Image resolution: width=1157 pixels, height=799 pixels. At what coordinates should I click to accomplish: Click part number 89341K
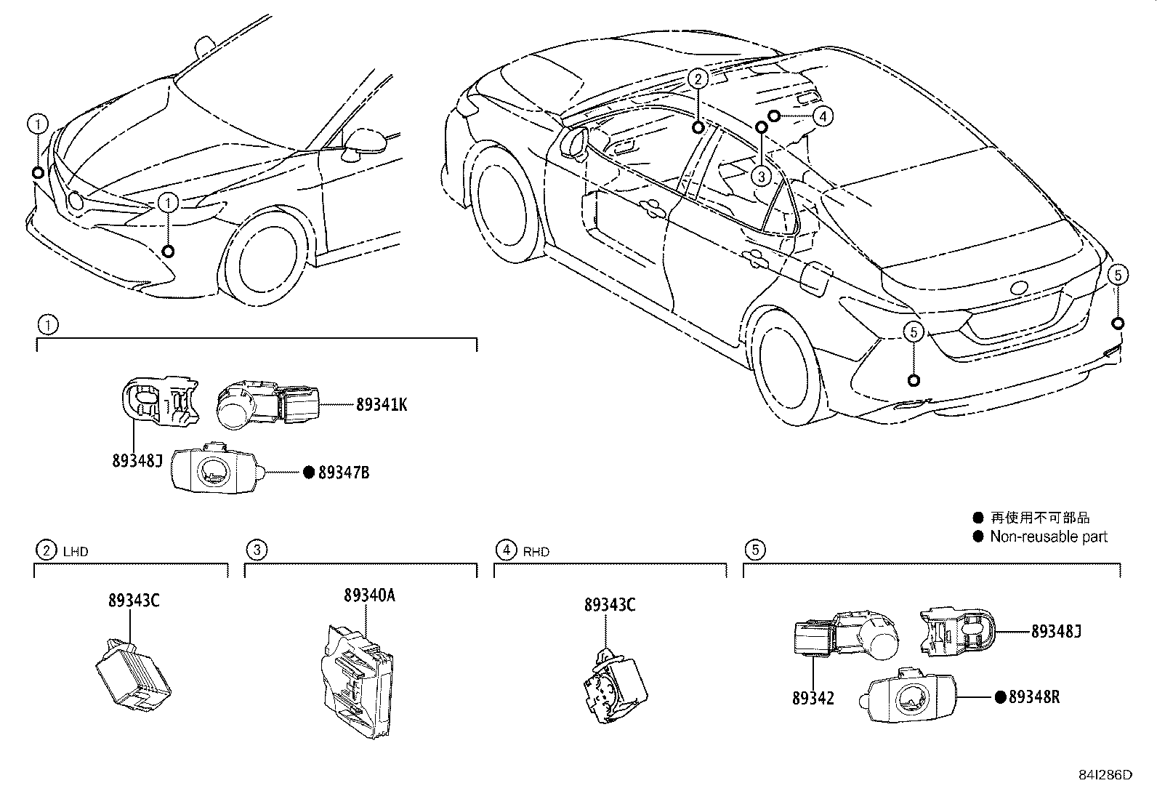[382, 405]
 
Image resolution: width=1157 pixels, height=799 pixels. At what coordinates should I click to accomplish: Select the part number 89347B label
[344, 473]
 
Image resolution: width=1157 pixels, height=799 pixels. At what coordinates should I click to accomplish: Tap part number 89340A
[369, 595]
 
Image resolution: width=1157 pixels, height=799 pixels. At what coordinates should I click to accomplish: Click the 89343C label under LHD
[134, 601]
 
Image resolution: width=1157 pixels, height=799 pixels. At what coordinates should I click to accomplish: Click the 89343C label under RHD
[609, 604]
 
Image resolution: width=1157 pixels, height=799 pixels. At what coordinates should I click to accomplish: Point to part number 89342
[813, 699]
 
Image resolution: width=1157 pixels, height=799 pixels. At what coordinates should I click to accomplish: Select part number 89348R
[1034, 697]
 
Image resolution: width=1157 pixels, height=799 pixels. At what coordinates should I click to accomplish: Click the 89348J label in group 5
[1056, 631]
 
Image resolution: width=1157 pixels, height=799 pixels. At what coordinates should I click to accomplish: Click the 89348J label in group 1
[137, 460]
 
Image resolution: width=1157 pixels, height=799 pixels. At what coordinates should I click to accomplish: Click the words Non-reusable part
[1049, 537]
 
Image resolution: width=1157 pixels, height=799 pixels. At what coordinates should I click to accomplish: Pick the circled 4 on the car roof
[823, 115]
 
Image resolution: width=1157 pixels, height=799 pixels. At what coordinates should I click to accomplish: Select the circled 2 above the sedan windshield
[697, 79]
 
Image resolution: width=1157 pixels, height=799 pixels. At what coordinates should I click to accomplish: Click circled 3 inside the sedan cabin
[761, 175]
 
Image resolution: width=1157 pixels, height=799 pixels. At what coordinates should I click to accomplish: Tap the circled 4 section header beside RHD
[506, 550]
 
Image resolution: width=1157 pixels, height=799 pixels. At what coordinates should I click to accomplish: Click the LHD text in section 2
[76, 552]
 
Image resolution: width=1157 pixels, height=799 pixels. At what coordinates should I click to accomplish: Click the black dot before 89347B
[308, 473]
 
